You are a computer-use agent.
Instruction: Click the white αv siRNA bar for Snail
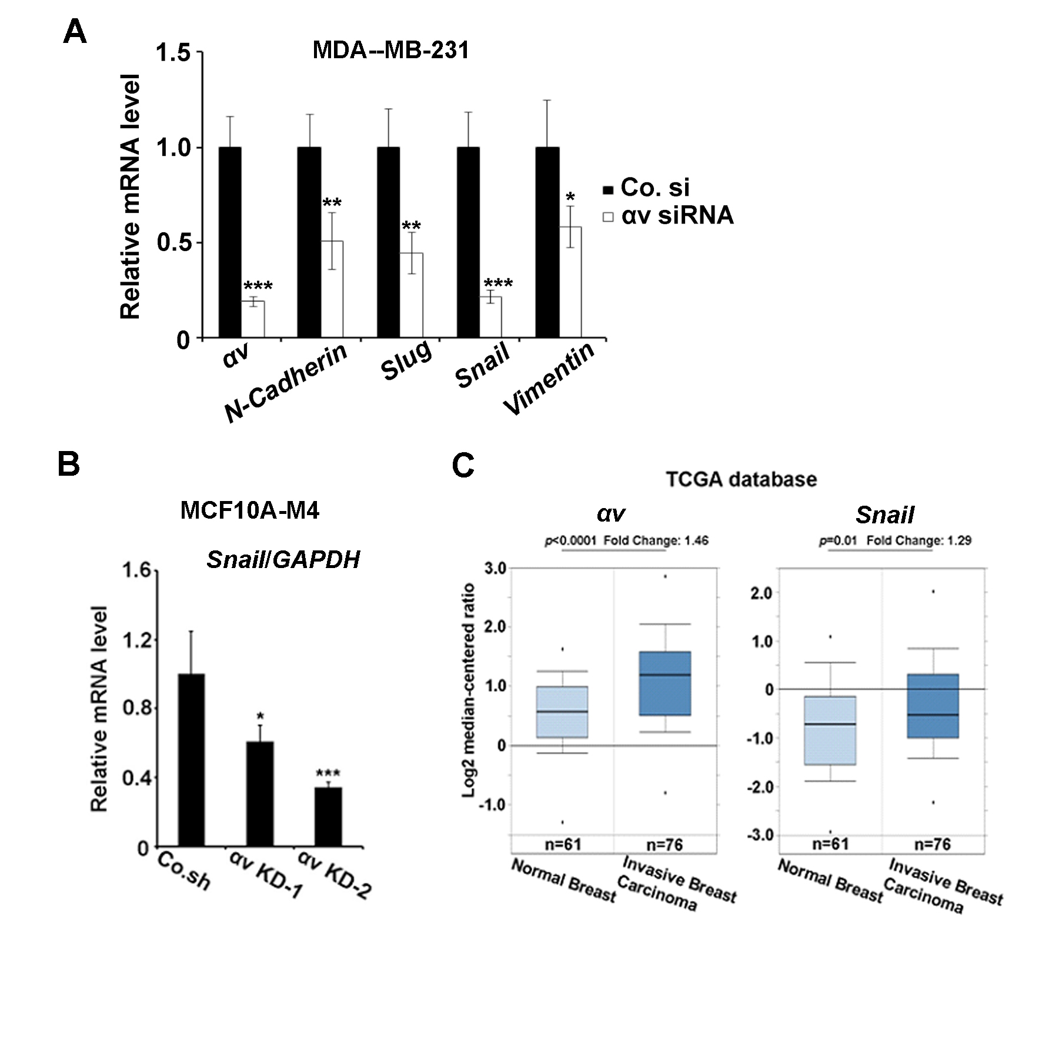click(x=491, y=317)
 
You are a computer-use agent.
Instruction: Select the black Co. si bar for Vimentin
click(x=547, y=242)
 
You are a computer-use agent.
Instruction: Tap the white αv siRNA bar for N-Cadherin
click(x=332, y=289)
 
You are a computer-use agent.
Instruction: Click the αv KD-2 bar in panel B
click(x=328, y=817)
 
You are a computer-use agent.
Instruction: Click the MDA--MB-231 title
click(x=391, y=50)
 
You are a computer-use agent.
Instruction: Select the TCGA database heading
click(x=742, y=479)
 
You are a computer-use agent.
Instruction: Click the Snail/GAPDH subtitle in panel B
click(x=283, y=560)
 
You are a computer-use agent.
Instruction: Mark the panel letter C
click(x=463, y=466)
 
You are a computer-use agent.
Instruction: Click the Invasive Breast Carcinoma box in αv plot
click(x=664, y=683)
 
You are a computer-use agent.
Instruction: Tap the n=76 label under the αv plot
click(x=664, y=844)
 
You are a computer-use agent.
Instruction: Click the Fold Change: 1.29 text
click(x=919, y=540)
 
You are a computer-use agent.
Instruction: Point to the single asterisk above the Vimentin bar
click(x=570, y=196)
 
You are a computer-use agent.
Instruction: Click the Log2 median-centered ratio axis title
click(x=469, y=690)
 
